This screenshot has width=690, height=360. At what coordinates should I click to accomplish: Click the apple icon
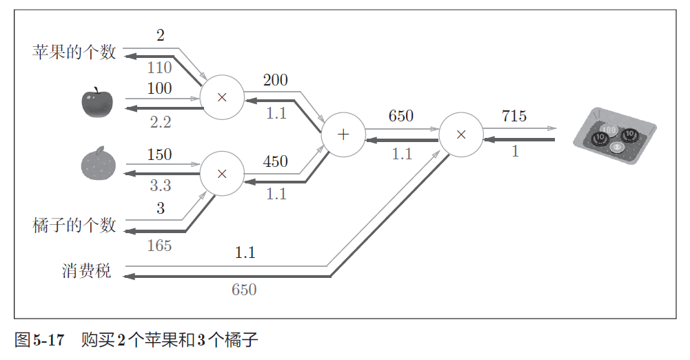point(95,103)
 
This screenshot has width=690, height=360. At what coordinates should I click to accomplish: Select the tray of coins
point(614,137)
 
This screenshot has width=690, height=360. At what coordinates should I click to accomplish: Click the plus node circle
point(344,134)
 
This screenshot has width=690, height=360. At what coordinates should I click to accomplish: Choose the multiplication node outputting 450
point(221,173)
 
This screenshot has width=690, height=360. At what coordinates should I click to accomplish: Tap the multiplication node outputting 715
point(461,134)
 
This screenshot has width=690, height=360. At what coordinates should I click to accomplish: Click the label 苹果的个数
point(74,52)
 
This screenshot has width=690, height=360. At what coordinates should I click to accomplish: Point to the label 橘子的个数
point(74,226)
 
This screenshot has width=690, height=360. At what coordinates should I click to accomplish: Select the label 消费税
point(86,271)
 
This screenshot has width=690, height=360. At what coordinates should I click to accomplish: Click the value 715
point(514,116)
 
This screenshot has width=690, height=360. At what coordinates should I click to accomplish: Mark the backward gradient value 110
point(159,68)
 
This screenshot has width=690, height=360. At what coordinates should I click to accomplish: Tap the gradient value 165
point(159,246)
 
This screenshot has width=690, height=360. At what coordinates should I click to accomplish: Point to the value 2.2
point(160,123)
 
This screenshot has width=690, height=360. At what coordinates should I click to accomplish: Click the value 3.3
point(160,186)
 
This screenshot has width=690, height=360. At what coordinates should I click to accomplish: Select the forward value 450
point(275,161)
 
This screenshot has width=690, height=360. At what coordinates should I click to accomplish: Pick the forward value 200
point(275,80)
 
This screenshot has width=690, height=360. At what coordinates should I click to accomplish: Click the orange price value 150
point(159,154)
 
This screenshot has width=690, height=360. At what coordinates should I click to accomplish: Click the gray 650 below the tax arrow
point(244,290)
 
